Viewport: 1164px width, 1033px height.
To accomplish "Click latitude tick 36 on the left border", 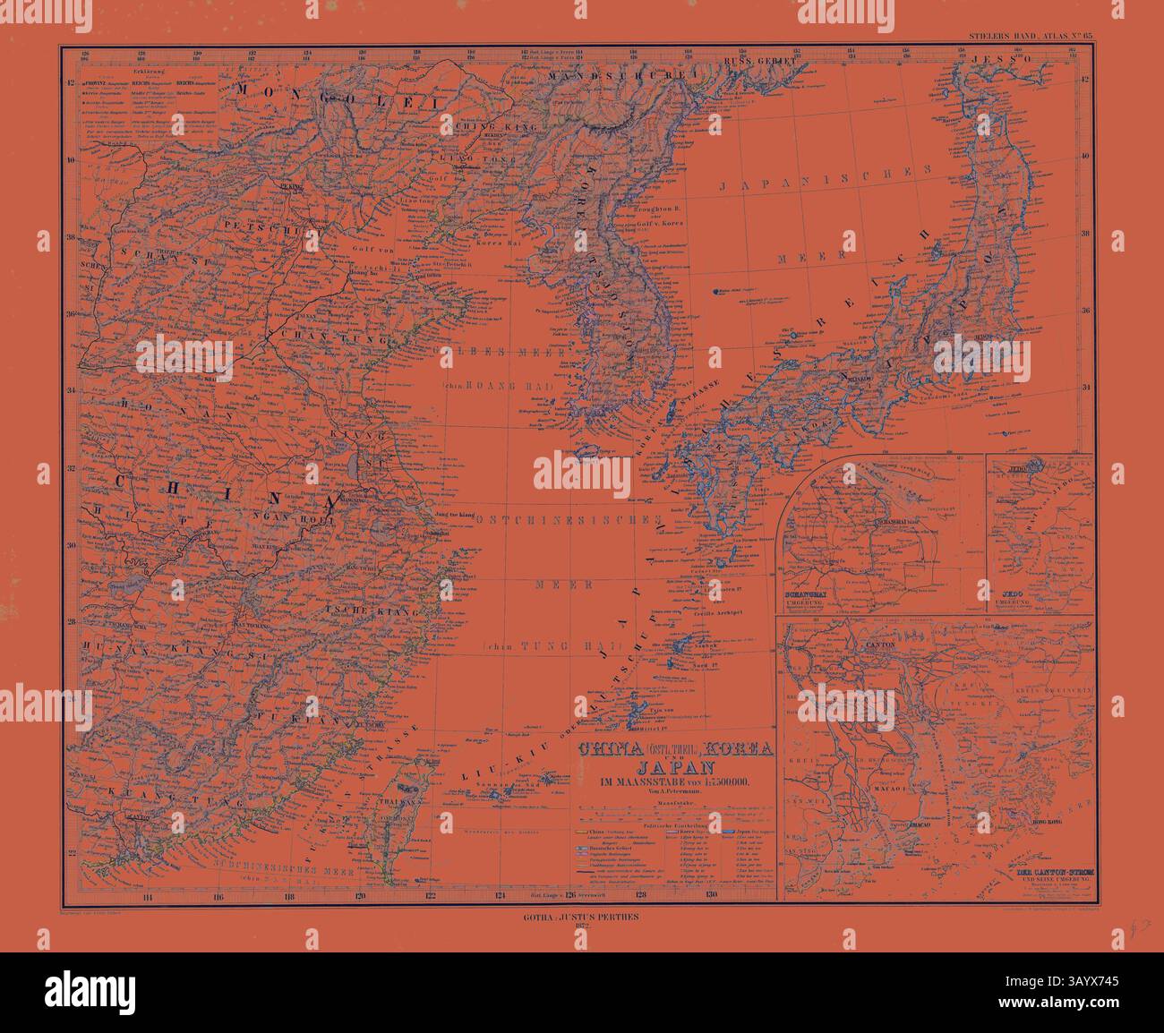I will pyautogui.click(x=70, y=314).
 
